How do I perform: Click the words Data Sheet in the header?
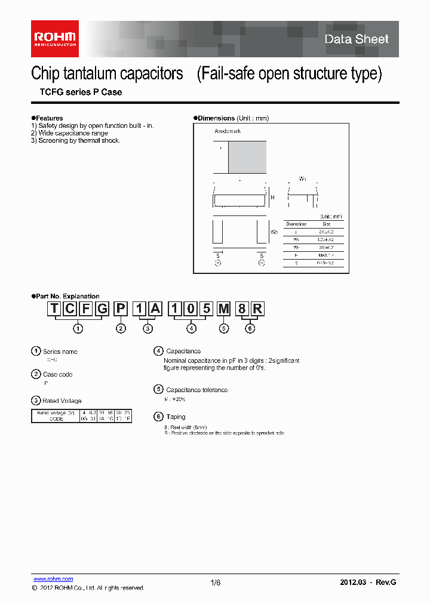(x=356, y=39)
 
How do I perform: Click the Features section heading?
(x=48, y=118)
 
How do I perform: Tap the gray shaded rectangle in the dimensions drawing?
(x=247, y=156)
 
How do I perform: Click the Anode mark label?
(x=228, y=131)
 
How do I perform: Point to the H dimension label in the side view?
(x=272, y=198)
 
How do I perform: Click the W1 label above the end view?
(x=302, y=179)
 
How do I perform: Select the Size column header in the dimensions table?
(x=327, y=223)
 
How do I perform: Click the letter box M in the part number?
(x=223, y=309)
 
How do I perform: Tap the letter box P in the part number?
(x=121, y=309)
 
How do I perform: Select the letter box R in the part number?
(x=257, y=309)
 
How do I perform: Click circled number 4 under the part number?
(x=191, y=328)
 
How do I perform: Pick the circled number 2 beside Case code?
(x=36, y=374)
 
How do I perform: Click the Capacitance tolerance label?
(x=196, y=390)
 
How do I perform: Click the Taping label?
(x=176, y=417)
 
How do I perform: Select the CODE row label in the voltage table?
(x=56, y=419)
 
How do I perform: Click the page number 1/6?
(x=216, y=583)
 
